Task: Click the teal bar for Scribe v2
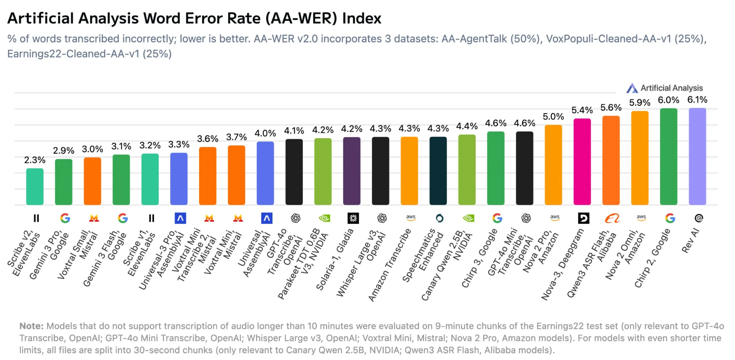pos(35,186)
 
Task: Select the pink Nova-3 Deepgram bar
pos(582,162)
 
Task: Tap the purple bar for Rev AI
pos(697,156)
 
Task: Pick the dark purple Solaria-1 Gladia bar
pos(352,171)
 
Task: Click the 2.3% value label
pos(35,160)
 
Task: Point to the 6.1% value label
pos(697,100)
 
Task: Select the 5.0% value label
pos(553,117)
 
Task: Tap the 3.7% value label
pos(236,137)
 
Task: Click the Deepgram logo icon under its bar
pos(583,218)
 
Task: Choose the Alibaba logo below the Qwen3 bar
pos(612,218)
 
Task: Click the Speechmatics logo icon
pos(439,218)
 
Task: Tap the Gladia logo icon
pos(353,218)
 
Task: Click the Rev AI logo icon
pos(699,218)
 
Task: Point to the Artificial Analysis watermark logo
pos(632,88)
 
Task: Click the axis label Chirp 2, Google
pos(652,258)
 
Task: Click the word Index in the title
pos(361,18)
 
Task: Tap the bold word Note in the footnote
pos(31,326)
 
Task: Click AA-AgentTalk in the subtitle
pos(474,39)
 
